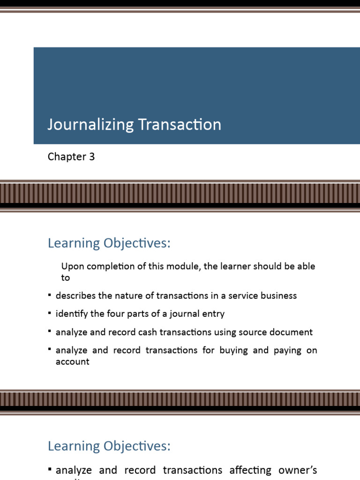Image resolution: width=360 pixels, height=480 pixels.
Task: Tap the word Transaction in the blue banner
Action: [x=180, y=125]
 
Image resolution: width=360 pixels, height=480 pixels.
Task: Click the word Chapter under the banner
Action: [x=67, y=157]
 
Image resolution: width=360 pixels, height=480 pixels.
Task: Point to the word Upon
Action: [x=72, y=267]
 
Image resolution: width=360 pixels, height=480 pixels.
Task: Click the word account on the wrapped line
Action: [x=72, y=362]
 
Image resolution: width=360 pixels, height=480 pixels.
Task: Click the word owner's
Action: [x=298, y=470]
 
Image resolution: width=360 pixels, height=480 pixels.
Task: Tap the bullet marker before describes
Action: [x=50, y=295]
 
